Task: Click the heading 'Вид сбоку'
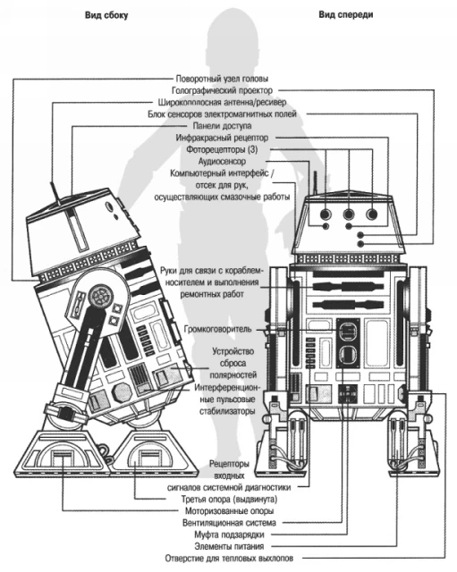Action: [106, 15]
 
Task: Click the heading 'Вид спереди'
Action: [346, 14]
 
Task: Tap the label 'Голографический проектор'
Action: [222, 90]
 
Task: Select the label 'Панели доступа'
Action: [222, 126]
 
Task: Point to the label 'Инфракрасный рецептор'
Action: [222, 138]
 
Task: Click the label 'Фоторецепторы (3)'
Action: [222, 149]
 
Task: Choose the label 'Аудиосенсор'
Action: [222, 161]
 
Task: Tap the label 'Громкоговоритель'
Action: [218, 329]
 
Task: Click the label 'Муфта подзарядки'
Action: [229, 534]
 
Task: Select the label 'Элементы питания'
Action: [229, 546]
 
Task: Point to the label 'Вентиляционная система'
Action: [229, 523]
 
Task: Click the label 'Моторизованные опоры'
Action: [229, 510]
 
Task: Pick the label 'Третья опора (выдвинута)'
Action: [229, 499]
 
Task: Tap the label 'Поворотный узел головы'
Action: [222, 79]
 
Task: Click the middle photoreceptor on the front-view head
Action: [349, 214]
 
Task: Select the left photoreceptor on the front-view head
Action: [326, 214]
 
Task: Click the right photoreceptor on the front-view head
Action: [372, 214]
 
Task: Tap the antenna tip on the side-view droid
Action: [53, 182]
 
